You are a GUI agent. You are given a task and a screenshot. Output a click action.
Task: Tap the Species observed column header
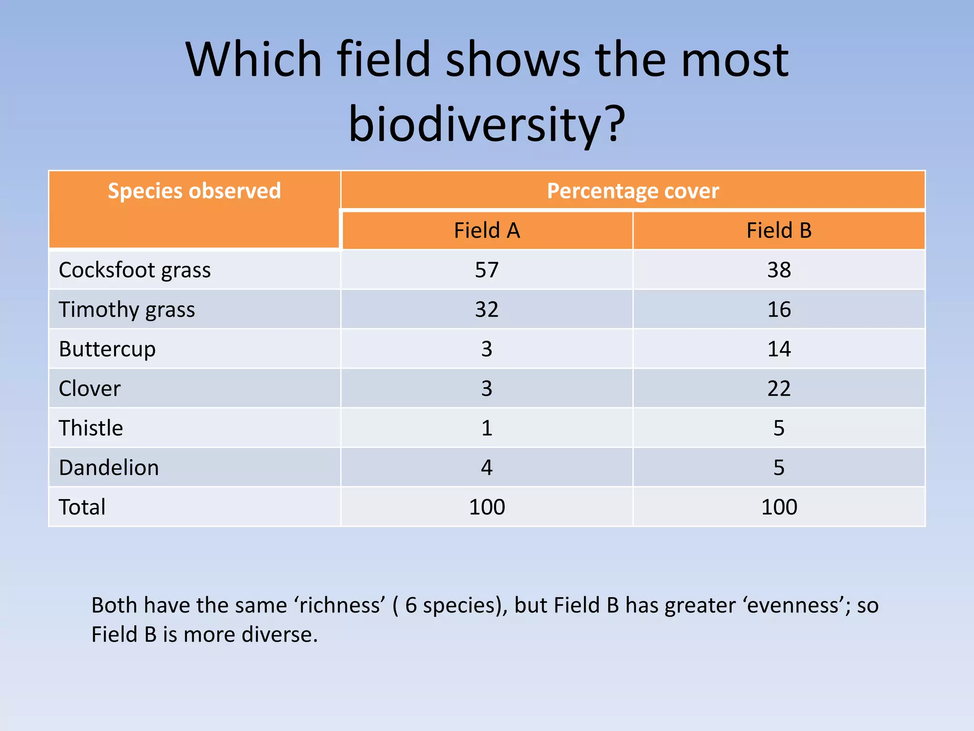click(x=194, y=191)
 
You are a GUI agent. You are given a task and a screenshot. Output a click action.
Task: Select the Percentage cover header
click(x=633, y=191)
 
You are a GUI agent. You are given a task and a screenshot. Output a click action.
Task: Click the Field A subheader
click(x=487, y=230)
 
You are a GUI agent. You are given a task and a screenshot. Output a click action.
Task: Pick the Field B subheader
click(x=779, y=230)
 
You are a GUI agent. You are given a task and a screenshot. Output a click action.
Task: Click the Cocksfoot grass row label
click(x=135, y=270)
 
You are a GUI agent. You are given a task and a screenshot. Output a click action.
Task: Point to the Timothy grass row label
click(x=127, y=309)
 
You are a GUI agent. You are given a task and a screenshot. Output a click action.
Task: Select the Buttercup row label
click(x=107, y=349)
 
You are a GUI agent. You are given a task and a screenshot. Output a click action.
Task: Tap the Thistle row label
click(x=91, y=428)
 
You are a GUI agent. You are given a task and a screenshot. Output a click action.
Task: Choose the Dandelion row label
click(x=108, y=467)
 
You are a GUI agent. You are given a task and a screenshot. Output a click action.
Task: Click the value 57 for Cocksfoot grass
click(x=487, y=270)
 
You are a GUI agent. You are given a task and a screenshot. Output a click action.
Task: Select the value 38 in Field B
click(x=779, y=270)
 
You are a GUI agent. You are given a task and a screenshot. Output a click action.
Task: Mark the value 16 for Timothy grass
click(x=779, y=309)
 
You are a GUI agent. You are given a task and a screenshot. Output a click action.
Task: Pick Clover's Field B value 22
click(x=779, y=388)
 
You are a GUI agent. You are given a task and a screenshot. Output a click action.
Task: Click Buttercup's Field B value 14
click(x=779, y=349)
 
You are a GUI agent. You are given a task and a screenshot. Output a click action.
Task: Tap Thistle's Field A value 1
click(x=487, y=428)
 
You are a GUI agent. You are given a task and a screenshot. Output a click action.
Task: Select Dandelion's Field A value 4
click(x=487, y=467)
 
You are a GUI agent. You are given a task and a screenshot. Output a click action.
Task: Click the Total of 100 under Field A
click(x=487, y=507)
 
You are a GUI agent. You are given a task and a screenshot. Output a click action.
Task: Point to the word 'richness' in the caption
click(x=340, y=605)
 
